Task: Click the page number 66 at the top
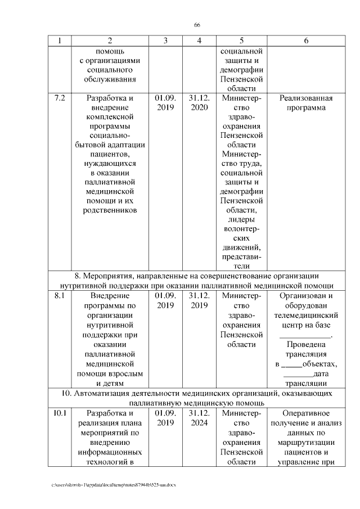197,25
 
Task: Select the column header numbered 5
241,40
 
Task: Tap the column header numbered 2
110,40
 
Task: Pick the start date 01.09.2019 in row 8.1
165,300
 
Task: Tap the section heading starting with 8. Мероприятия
196,281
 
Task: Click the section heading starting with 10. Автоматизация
196,398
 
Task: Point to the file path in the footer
113,484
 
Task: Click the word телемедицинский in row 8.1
306,316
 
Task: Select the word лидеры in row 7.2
241,218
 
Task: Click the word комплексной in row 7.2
110,117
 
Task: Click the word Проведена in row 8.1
306,345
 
